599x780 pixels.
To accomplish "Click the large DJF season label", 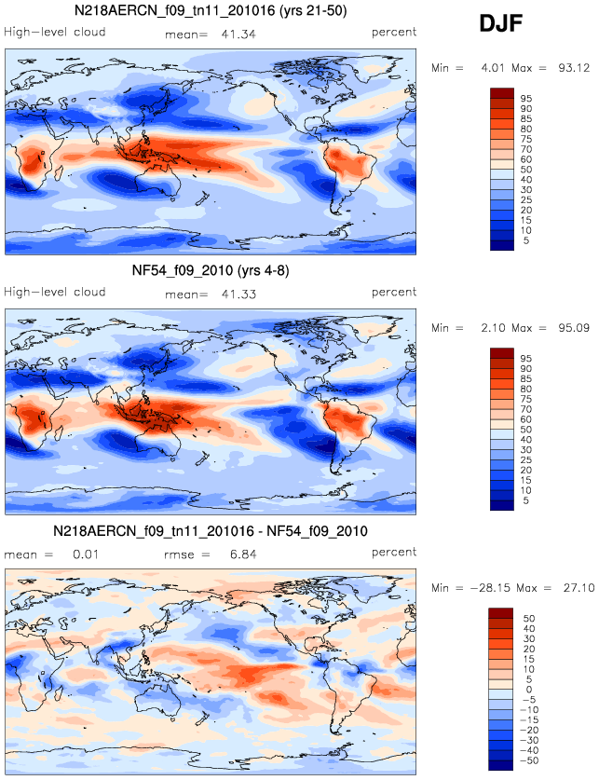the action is coord(500,23).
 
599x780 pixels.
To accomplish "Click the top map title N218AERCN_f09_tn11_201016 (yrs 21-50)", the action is coord(211,10).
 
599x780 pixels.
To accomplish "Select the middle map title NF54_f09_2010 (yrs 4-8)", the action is coord(211,270).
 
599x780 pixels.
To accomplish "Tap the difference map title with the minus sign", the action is coord(211,531).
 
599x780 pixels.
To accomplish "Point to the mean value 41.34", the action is coord(238,34).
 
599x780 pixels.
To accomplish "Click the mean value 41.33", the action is coord(238,294).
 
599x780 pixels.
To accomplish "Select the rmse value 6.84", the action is coord(243,554).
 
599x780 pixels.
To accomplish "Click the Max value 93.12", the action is coord(574,68).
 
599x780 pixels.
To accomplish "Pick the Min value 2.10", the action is coord(492,328).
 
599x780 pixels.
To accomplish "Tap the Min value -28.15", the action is coord(490,588).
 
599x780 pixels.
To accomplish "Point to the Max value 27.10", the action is coord(579,588).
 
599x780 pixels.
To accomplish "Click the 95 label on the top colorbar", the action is coord(526,99).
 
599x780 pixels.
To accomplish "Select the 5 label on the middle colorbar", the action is coord(526,500).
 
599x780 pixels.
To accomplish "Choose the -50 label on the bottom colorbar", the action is coord(527,760).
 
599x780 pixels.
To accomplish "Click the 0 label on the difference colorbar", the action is coord(529,690).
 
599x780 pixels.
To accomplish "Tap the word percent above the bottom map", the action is coord(394,553).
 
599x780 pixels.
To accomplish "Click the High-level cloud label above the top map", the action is coord(55,32).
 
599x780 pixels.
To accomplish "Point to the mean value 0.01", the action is coord(86,554).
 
